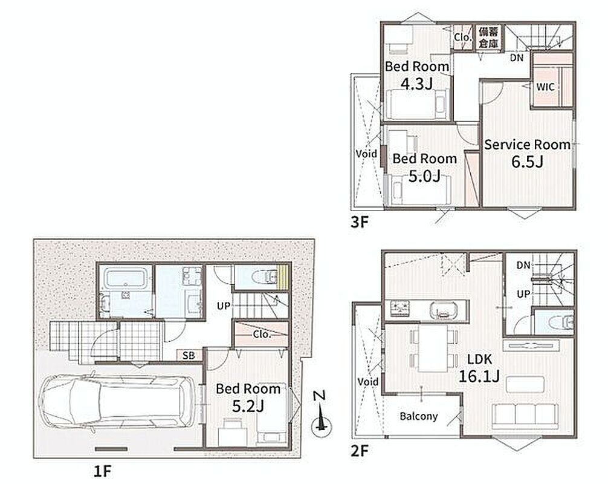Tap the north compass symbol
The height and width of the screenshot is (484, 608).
point(321,414)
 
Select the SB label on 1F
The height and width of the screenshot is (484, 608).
point(189,355)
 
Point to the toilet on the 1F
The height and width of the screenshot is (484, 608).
point(264,276)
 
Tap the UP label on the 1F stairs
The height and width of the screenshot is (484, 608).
point(224,306)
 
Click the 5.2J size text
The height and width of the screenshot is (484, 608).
point(248,406)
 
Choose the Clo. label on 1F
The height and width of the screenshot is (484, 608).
point(262,334)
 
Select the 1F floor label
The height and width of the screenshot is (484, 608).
point(103,471)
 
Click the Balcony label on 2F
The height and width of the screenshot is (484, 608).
point(419,416)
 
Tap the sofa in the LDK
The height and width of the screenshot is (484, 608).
point(525,417)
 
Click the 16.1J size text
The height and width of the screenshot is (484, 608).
point(479,376)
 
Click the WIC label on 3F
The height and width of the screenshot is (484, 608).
point(545,87)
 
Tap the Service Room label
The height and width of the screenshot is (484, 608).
point(528,145)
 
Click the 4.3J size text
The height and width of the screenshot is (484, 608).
point(416,83)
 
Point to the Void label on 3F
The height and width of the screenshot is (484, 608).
point(366,154)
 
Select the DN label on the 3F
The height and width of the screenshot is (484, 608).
point(517,58)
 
